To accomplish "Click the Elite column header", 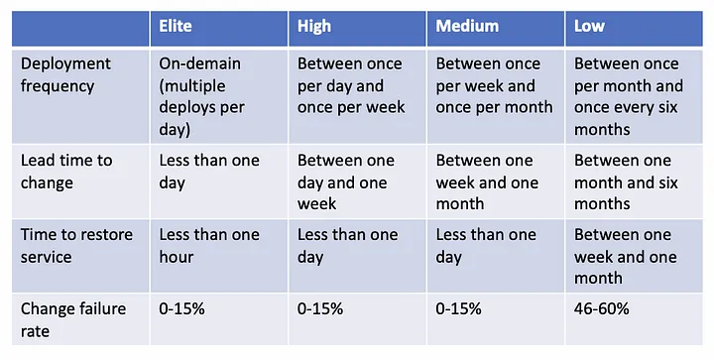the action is [176, 26].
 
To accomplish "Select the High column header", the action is [314, 26].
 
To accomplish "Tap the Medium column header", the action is [467, 26].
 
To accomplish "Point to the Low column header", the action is [589, 26].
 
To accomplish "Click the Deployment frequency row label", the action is [65, 74].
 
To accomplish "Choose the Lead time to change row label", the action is [66, 172].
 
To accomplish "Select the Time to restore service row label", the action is [76, 246].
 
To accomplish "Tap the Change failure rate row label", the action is [72, 320].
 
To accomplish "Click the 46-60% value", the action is [602, 309].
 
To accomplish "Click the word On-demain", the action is [199, 63].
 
